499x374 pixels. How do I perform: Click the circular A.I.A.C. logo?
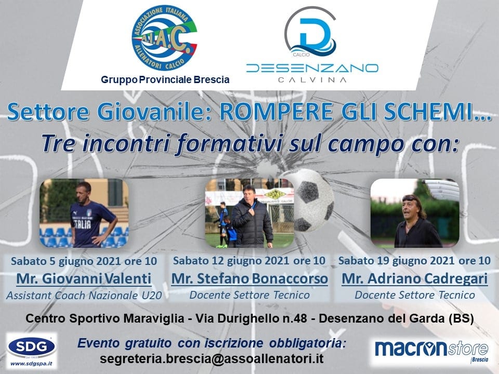click(164, 38)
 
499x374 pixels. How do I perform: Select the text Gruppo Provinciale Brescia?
click(165, 79)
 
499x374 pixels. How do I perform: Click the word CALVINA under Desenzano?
click(312, 80)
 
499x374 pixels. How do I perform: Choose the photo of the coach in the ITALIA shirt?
click(84, 213)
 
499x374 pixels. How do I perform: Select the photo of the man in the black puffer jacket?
click(249, 213)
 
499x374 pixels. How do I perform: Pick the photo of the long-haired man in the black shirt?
click(415, 213)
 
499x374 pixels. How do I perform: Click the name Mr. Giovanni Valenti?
click(84, 278)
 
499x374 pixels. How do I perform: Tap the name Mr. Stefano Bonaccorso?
click(249, 278)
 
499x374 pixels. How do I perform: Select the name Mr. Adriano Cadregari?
click(415, 278)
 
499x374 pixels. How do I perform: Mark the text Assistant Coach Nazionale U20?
click(84, 296)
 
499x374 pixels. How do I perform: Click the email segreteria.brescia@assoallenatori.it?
click(212, 359)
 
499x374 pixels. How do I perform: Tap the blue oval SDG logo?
click(32, 347)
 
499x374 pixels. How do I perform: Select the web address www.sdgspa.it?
click(32, 363)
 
